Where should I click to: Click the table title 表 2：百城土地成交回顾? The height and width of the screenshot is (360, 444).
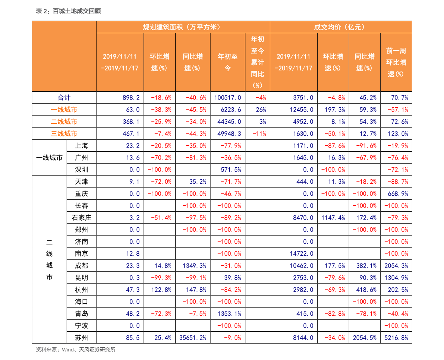point(68,11)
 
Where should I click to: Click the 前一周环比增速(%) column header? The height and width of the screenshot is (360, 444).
point(396,62)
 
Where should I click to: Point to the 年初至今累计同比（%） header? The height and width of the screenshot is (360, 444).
point(257,62)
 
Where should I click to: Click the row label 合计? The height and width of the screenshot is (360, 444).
point(64,98)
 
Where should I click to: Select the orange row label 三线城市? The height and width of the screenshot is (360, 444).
point(64,133)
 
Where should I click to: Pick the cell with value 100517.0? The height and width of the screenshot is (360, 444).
point(228,98)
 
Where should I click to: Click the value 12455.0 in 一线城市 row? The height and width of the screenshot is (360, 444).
point(302,110)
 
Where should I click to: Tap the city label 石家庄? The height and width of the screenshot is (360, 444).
point(82,218)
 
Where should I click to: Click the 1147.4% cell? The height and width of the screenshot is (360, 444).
point(333,218)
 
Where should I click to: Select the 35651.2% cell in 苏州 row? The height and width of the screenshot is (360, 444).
point(193,338)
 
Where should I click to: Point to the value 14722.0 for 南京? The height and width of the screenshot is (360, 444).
point(302,253)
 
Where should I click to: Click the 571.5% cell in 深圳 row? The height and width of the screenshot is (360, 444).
point(231,170)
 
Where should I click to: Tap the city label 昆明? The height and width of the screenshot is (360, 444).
point(82,278)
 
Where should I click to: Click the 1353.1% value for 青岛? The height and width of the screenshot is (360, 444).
point(229,313)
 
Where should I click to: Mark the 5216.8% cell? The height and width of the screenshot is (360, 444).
point(396,338)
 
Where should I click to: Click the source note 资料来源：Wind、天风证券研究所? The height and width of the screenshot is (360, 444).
point(76,350)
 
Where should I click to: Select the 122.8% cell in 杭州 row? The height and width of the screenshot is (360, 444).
point(161,290)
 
